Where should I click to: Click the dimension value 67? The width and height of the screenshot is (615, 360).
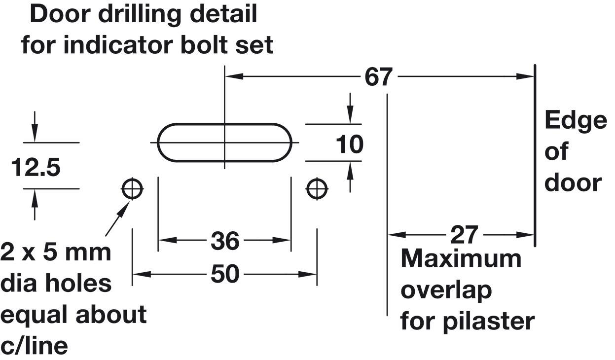point(378,77)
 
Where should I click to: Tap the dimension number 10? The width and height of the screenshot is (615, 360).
point(350,144)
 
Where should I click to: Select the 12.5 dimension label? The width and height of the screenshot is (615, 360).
point(36,168)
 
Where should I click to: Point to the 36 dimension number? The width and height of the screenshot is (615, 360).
point(225,241)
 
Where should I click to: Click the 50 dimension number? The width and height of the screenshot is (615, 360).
point(225,274)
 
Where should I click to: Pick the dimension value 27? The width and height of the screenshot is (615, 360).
point(464,235)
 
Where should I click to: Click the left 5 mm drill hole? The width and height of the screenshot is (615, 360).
point(132,189)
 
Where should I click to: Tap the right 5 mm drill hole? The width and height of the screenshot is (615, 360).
point(317,189)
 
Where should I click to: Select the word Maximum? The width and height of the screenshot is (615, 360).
point(461,259)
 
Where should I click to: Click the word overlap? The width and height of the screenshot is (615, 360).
point(446,291)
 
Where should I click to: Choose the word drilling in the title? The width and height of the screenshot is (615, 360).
point(140,15)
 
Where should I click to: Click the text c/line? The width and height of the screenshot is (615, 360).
point(34,346)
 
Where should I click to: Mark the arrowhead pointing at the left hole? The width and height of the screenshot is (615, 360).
point(125,207)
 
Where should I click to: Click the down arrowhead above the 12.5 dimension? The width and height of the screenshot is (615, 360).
point(35,133)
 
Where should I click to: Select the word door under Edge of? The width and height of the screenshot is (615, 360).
point(573,183)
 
